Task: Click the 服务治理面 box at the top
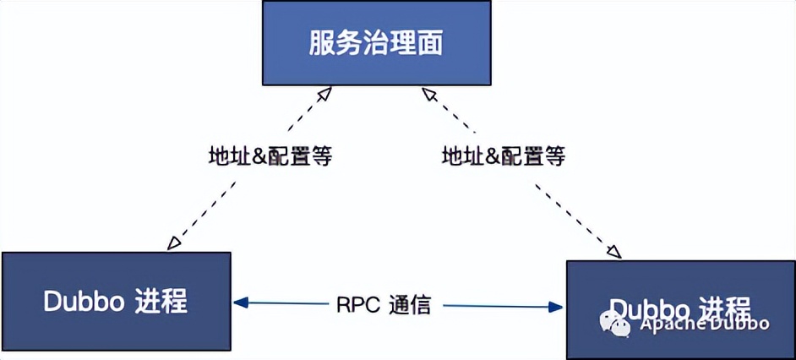(x=376, y=42)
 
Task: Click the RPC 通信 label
(x=384, y=305)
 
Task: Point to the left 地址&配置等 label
(x=270, y=156)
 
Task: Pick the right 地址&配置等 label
(x=504, y=156)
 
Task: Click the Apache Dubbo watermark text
(x=704, y=324)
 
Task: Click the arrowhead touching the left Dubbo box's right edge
(x=241, y=302)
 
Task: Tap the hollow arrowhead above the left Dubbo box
(x=174, y=243)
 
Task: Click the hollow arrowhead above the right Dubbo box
(x=614, y=251)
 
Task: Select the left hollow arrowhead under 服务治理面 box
(x=322, y=93)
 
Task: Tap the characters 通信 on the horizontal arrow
(x=410, y=305)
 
